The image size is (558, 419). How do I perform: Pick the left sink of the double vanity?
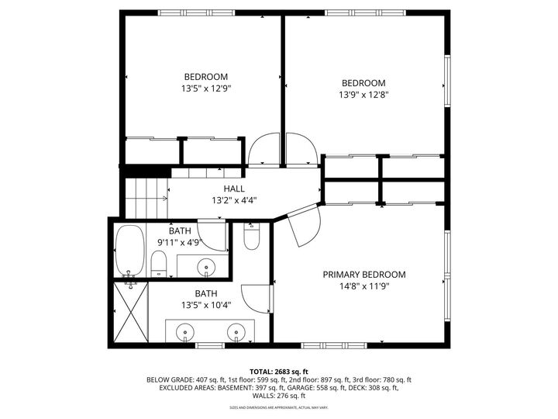click(x=185, y=332)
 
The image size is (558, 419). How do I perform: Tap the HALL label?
click(x=234, y=189)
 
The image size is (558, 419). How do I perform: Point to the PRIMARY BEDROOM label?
click(x=364, y=274)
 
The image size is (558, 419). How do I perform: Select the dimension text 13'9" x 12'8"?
click(x=363, y=95)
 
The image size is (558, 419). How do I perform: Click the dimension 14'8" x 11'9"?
click(x=363, y=286)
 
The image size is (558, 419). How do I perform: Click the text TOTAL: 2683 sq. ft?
click(x=278, y=371)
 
